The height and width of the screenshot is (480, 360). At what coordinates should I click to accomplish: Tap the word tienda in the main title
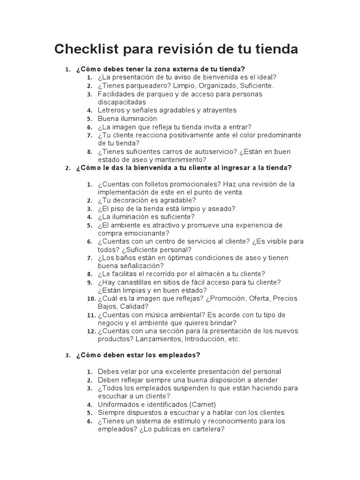click(276, 49)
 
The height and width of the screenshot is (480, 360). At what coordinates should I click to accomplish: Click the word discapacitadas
click(122, 102)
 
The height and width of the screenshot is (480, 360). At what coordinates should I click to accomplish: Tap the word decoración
click(135, 201)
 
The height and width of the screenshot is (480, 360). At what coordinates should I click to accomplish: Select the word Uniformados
click(120, 404)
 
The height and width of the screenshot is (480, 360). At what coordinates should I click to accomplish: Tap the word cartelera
click(207, 428)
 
